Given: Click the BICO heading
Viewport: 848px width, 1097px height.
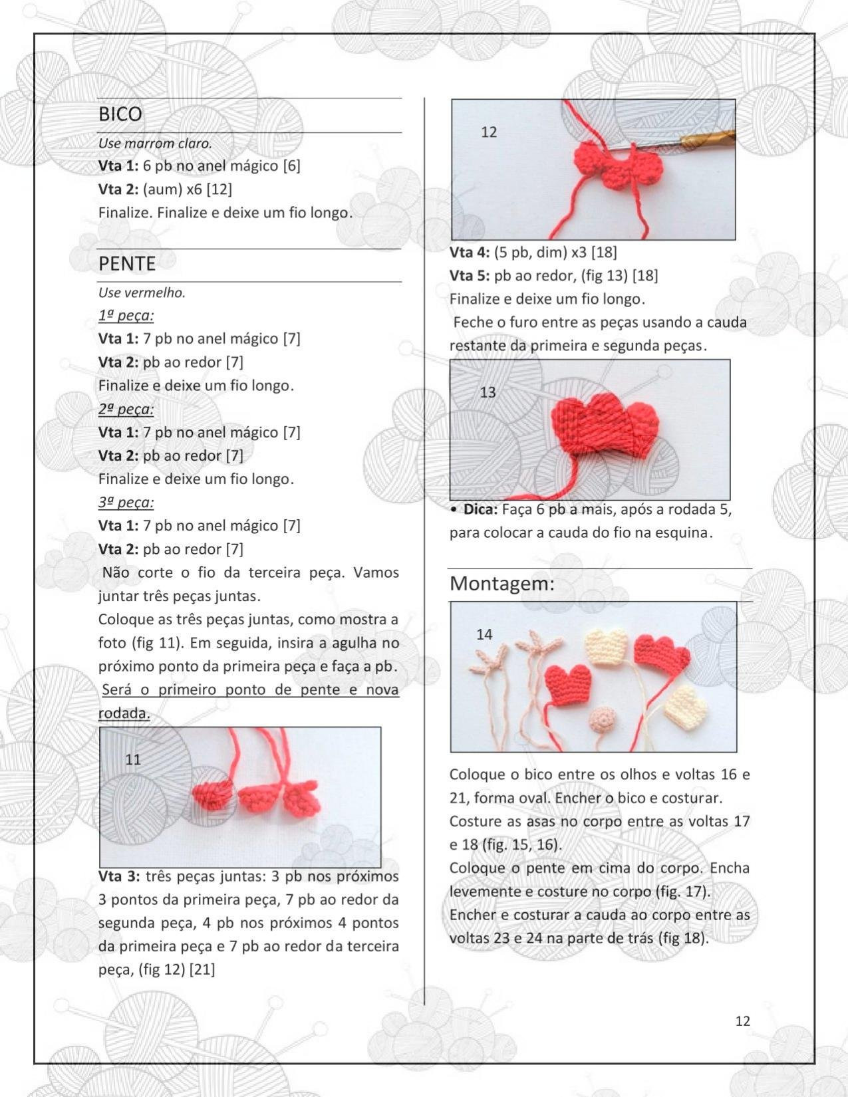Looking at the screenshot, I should click(x=120, y=114).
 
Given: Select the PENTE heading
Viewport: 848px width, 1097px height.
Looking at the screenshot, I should click(x=127, y=264).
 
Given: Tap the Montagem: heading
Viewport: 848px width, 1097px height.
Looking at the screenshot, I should click(x=502, y=584).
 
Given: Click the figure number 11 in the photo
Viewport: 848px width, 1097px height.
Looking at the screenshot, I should click(x=133, y=759).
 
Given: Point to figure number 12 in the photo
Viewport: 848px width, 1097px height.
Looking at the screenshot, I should click(x=489, y=132).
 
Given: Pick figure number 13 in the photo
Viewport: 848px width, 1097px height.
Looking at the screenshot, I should click(x=488, y=392).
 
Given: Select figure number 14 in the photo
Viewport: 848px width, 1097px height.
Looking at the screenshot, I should click(x=484, y=634).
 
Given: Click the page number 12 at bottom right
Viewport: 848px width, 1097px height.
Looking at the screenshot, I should click(x=742, y=1021).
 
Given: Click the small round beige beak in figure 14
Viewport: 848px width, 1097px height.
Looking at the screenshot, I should click(x=603, y=719).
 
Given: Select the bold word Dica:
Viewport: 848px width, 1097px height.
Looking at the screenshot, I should click(x=480, y=510).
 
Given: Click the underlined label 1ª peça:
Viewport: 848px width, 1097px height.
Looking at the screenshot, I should click(x=126, y=316).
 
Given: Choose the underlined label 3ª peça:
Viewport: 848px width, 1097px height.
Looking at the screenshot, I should click(x=126, y=503).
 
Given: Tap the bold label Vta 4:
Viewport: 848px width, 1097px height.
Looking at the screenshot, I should click(x=470, y=253).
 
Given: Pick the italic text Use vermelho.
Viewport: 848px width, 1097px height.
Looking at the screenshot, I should click(x=142, y=293).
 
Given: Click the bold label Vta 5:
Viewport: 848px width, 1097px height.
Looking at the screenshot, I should click(x=470, y=276).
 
